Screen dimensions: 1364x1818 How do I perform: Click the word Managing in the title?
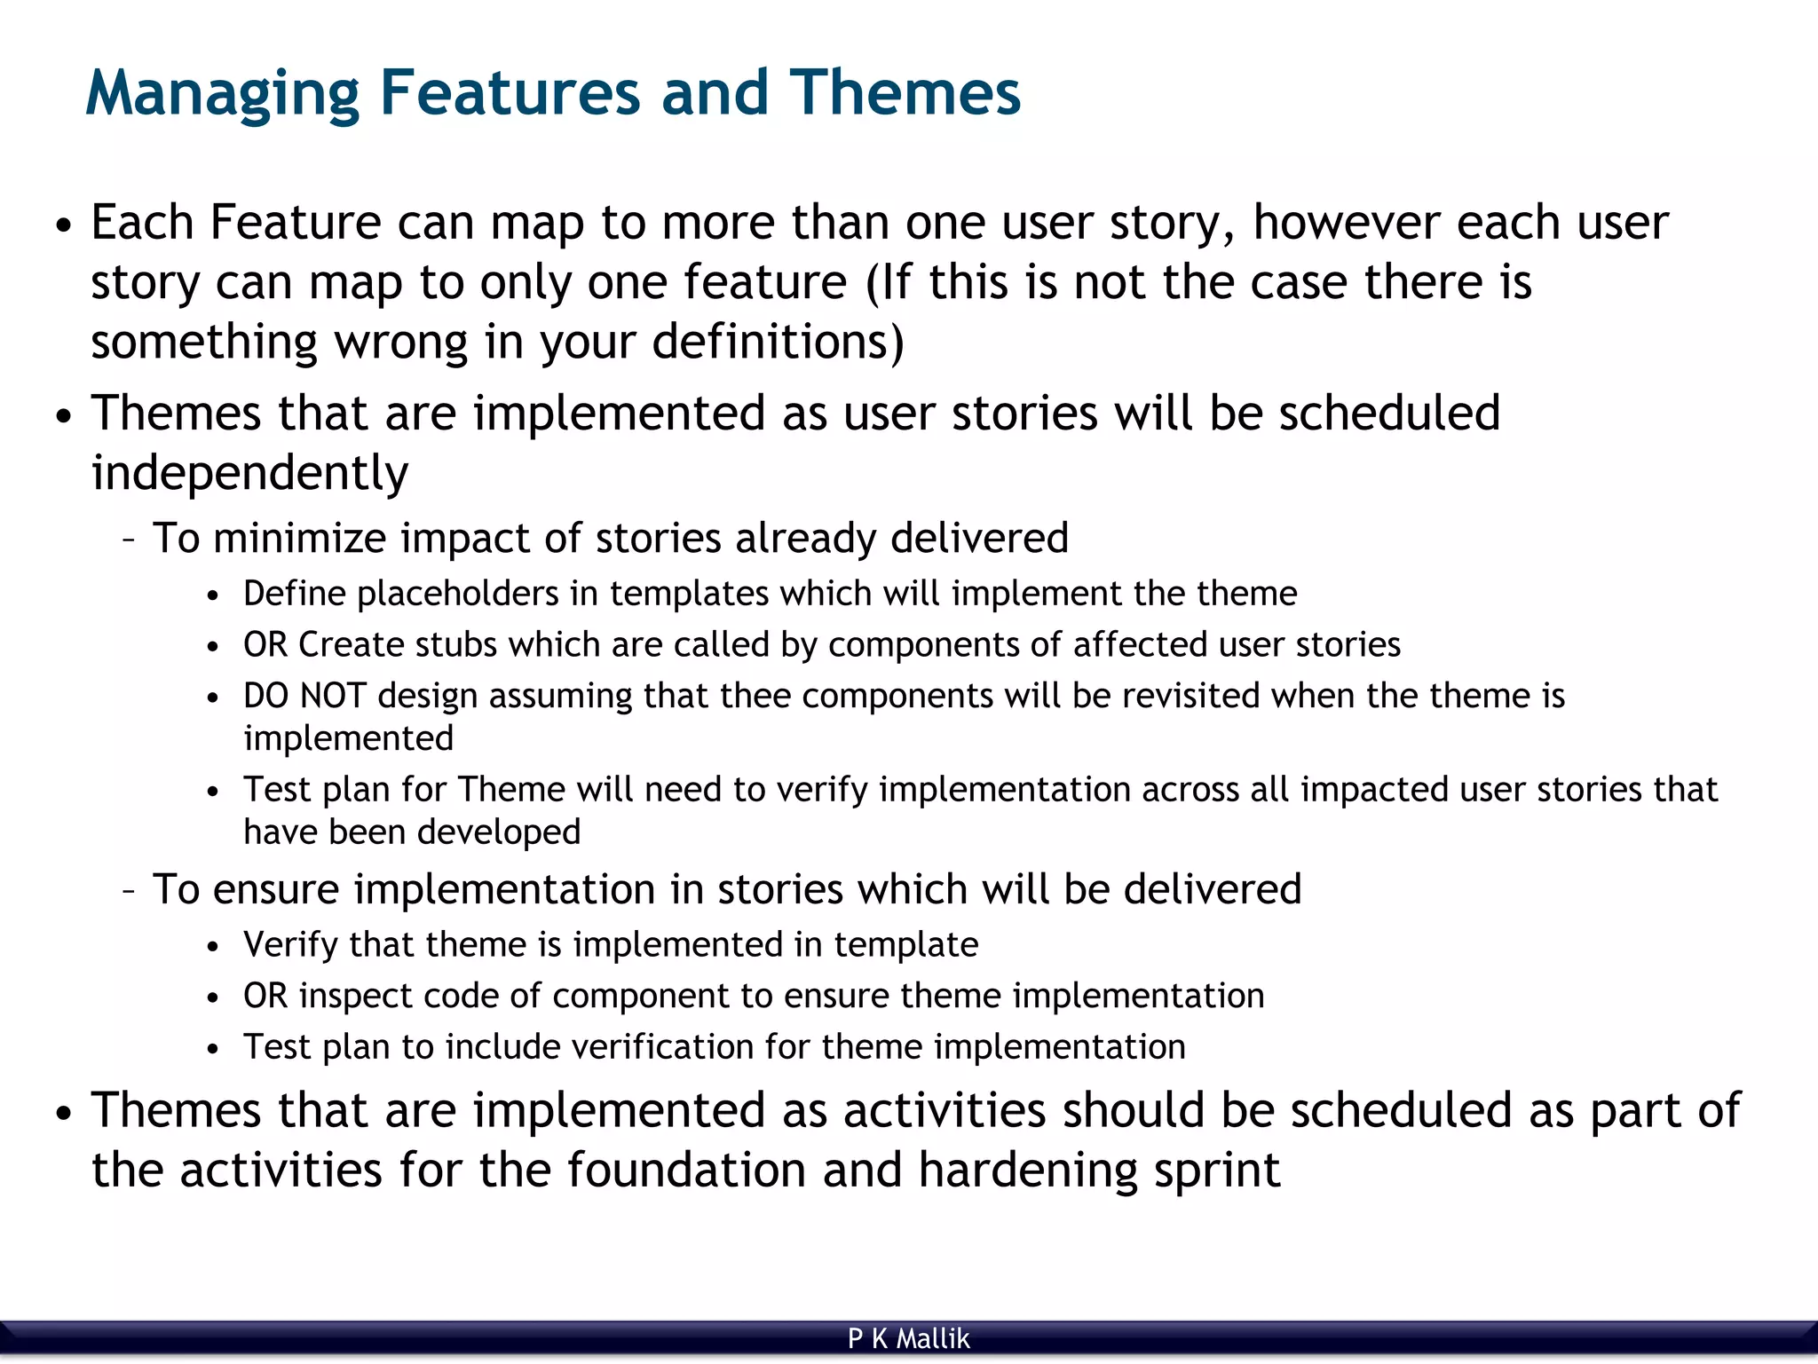(222, 94)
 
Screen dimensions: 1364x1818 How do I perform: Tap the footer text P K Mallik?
(908, 1338)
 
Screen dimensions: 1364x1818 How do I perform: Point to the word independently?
(249, 473)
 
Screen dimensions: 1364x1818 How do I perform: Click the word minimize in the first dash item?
(299, 538)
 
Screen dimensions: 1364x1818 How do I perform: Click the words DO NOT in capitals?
(304, 696)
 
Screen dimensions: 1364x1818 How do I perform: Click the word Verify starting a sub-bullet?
(290, 945)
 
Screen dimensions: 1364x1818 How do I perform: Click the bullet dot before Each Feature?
(62, 225)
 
